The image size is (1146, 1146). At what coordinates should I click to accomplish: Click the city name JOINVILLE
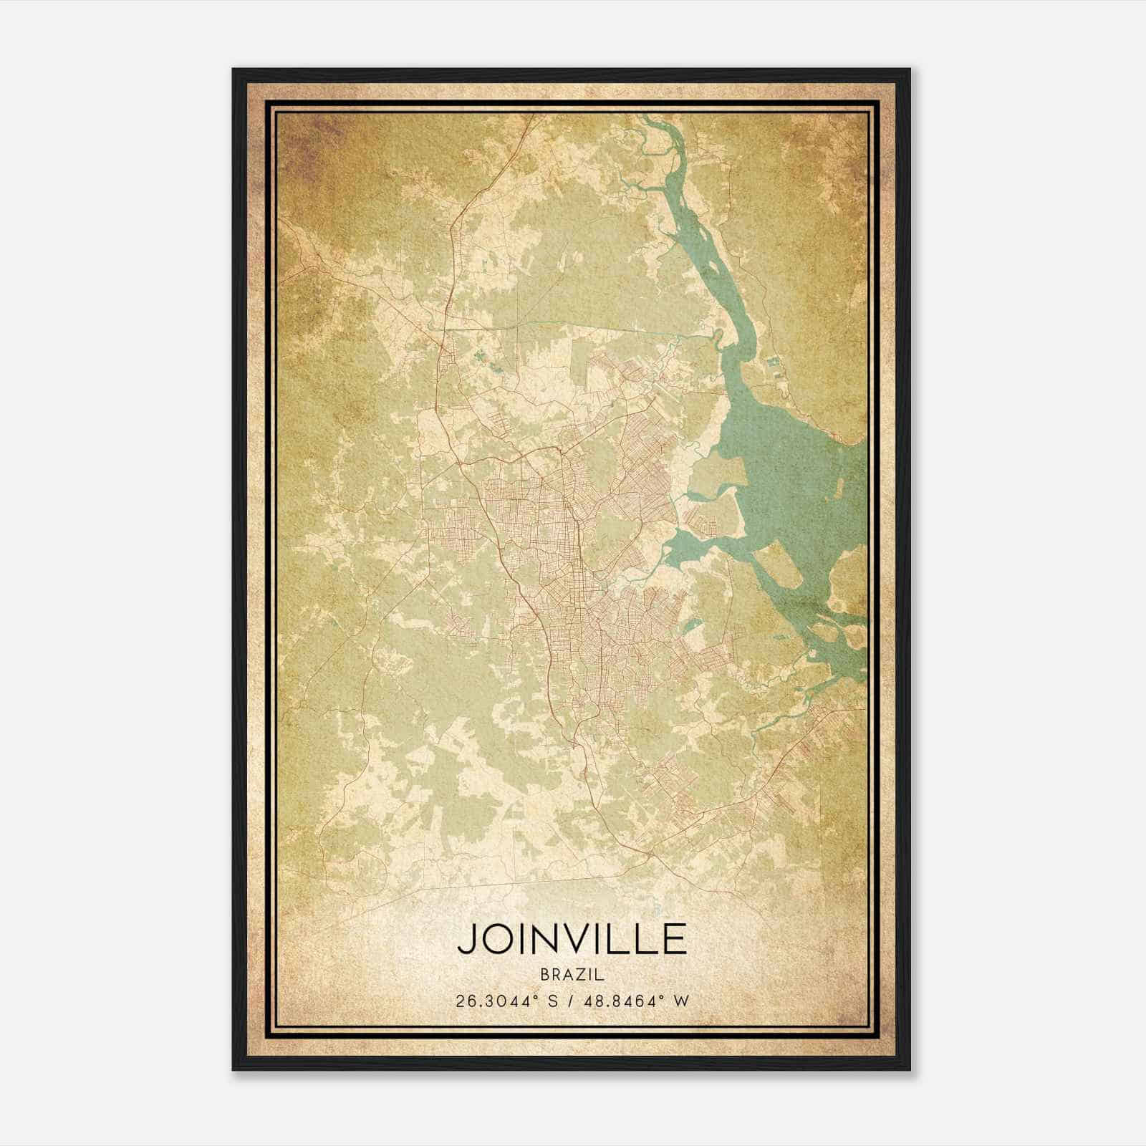[572, 939]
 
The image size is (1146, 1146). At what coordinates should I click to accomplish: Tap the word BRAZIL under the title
[572, 975]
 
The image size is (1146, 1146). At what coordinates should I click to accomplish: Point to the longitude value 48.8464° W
[637, 1001]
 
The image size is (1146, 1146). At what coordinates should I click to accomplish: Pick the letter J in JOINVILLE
[466, 940]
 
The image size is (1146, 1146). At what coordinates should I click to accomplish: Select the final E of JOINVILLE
[674, 939]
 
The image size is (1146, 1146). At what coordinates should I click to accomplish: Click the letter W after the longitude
[683, 1001]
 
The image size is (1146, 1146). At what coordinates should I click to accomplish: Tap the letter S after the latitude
[552, 1001]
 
